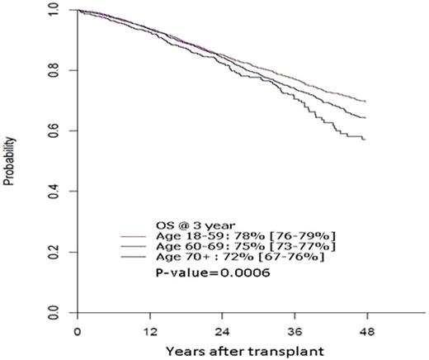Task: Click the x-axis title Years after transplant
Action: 219,349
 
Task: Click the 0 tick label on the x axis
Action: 76,331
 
